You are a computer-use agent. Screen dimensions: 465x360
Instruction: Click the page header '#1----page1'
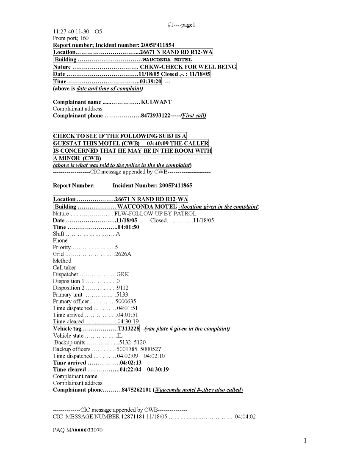181,25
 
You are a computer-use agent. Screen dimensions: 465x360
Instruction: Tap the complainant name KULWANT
156,102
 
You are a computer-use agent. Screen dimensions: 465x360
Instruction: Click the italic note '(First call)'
194,116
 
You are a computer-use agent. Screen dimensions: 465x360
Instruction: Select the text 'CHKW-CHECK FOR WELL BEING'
188,67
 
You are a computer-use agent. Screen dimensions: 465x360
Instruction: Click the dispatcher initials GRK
123,274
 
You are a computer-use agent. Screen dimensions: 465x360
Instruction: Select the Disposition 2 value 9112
123,288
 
